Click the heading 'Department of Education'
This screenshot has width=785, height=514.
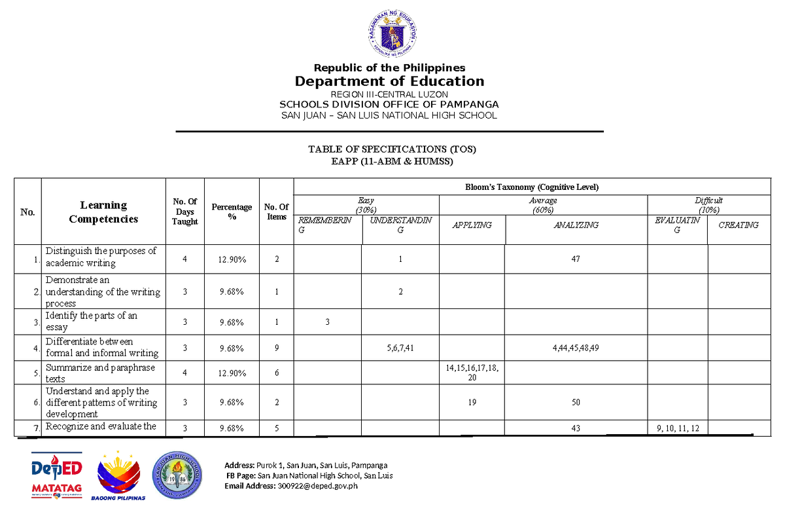(x=389, y=81)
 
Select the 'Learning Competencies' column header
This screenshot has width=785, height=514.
(x=103, y=212)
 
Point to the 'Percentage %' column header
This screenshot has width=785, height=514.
(x=232, y=211)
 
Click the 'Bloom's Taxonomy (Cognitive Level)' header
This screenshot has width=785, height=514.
(x=532, y=187)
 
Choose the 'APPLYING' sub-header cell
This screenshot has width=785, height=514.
(x=471, y=225)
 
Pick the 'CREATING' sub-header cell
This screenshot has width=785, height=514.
(x=739, y=225)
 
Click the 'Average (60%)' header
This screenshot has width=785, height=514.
(x=543, y=205)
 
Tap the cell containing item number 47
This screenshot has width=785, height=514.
(x=575, y=259)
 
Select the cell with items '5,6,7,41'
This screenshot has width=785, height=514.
(x=400, y=348)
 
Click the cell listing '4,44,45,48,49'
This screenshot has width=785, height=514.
(x=575, y=348)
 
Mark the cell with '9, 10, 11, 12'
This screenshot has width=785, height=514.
(x=677, y=428)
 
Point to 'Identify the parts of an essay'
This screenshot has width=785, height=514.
(x=92, y=321)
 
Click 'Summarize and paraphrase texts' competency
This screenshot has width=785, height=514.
(x=100, y=373)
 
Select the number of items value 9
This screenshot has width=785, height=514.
(x=277, y=348)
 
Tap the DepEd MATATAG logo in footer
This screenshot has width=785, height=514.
(x=56, y=474)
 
